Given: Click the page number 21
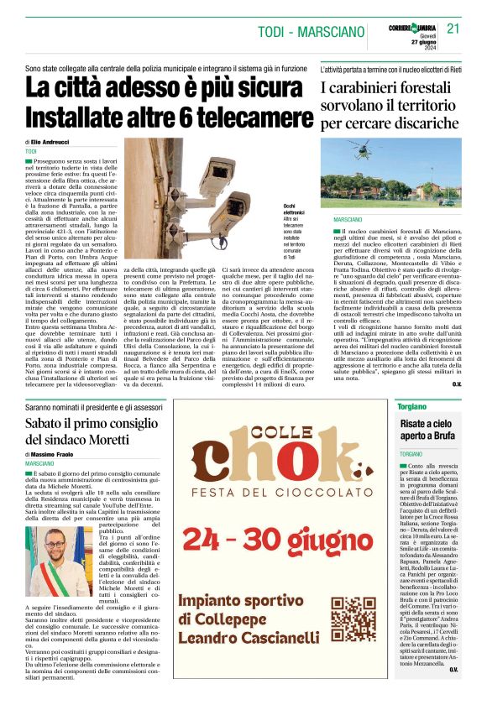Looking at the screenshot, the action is pyautogui.click(x=453, y=28).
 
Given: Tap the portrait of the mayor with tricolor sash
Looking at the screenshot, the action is pyautogui.click(x=50, y=562).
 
